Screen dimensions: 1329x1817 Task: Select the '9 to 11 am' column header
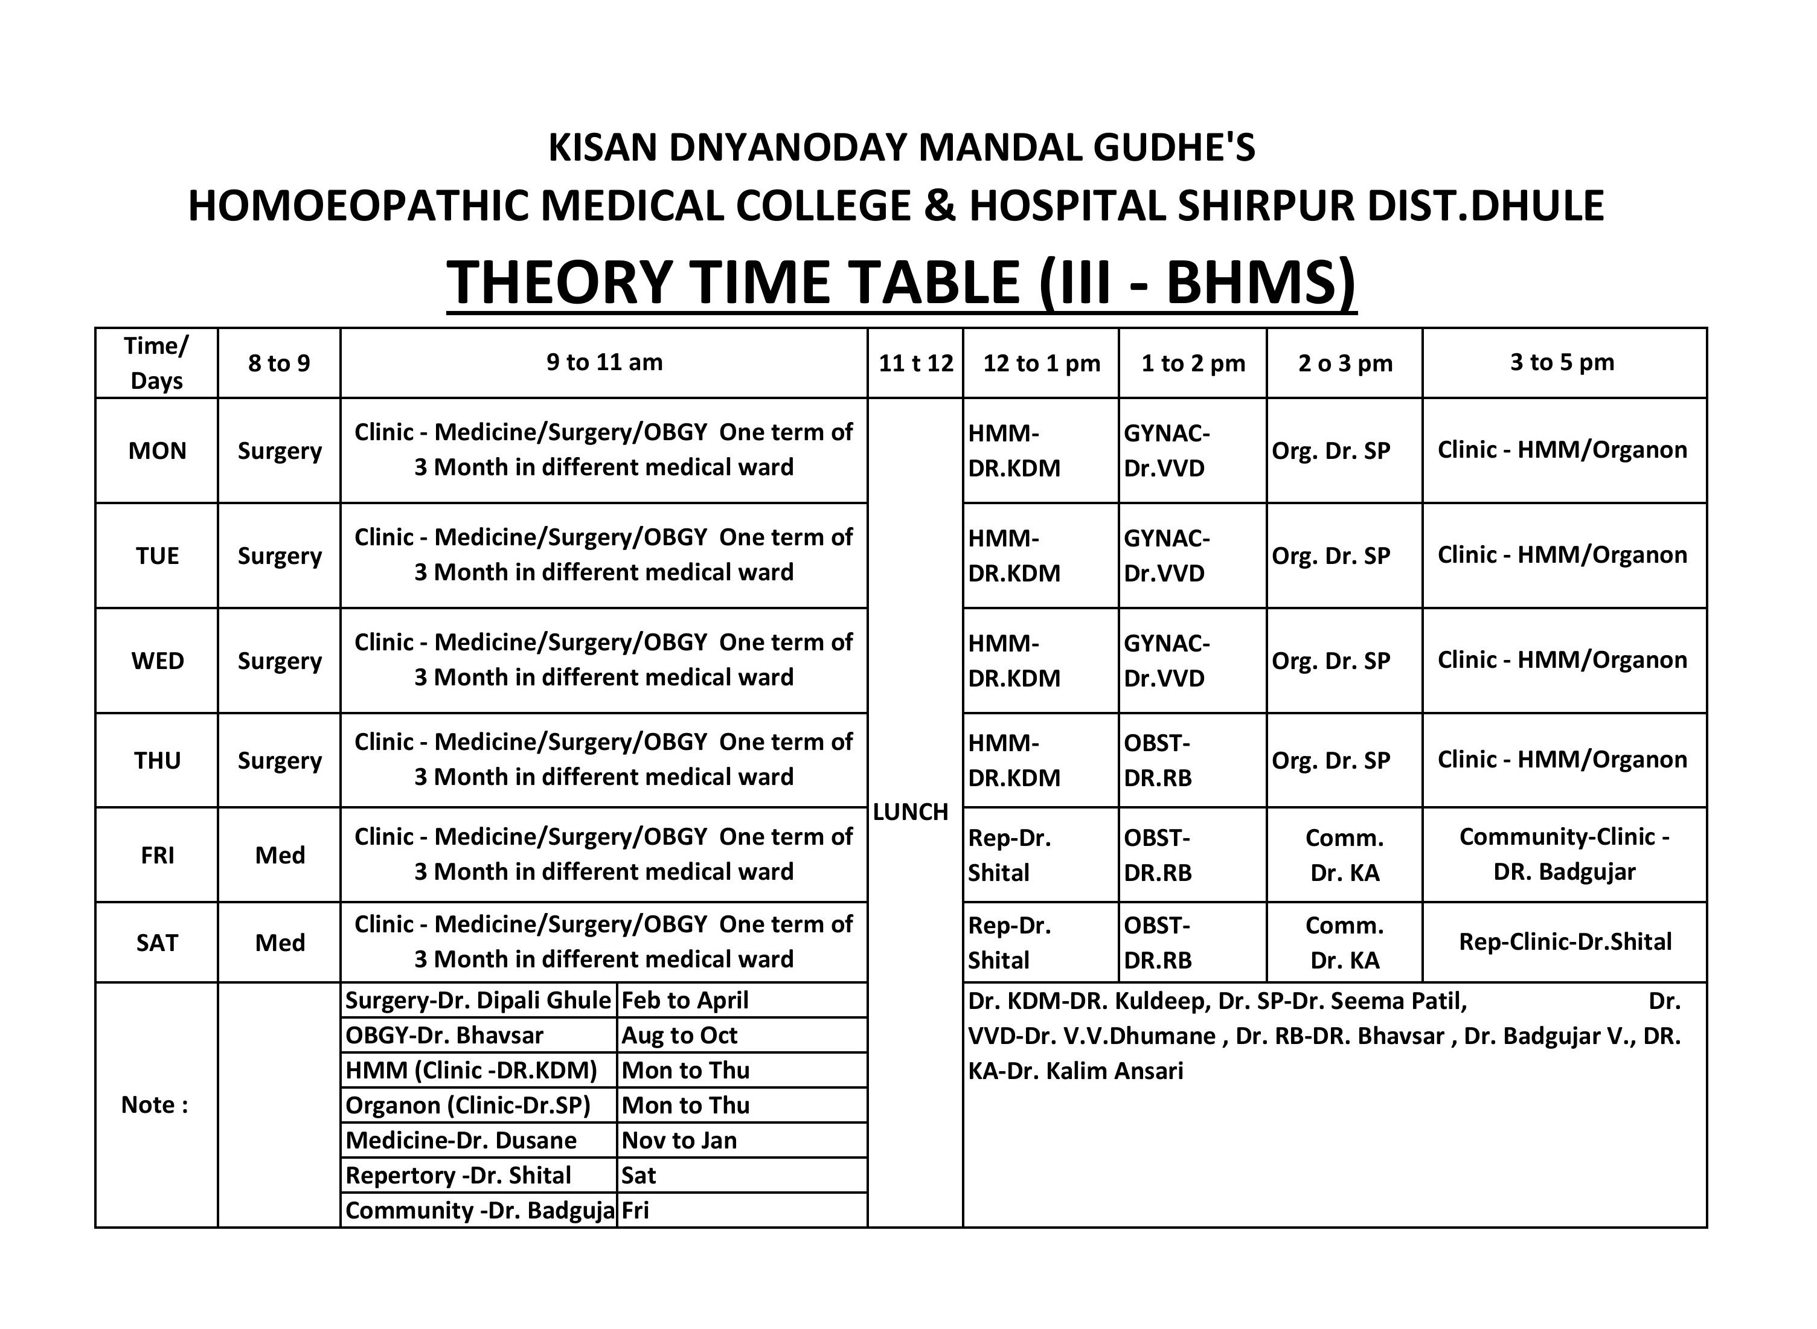(x=604, y=362)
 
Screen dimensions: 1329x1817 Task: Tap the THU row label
(x=157, y=760)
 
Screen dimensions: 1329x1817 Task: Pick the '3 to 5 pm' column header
(x=1562, y=362)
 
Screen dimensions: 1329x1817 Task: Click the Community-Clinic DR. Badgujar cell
(x=1563, y=854)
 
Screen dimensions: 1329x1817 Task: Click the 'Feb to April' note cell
(x=685, y=1000)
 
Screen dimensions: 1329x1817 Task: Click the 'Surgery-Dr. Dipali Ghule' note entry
(x=478, y=1000)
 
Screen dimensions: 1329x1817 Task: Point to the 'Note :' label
(x=155, y=1104)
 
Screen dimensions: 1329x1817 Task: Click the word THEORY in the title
(x=559, y=283)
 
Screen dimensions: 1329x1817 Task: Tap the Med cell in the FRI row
(x=280, y=855)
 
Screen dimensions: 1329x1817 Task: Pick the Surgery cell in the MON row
(x=280, y=450)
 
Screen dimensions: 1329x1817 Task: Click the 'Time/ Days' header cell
(x=157, y=363)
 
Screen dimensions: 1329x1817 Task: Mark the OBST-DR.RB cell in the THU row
(x=1158, y=760)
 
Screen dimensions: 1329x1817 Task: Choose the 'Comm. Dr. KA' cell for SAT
(x=1344, y=942)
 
